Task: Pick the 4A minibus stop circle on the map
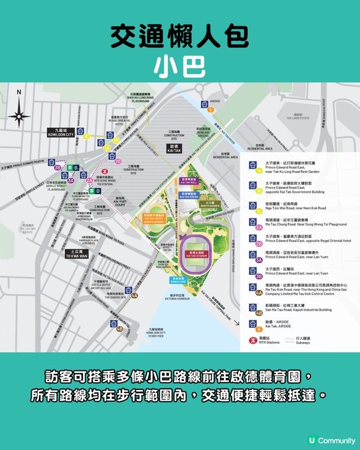(134, 295)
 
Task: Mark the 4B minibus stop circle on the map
(120, 329)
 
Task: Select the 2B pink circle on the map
(118, 161)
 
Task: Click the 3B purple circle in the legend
(259, 277)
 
